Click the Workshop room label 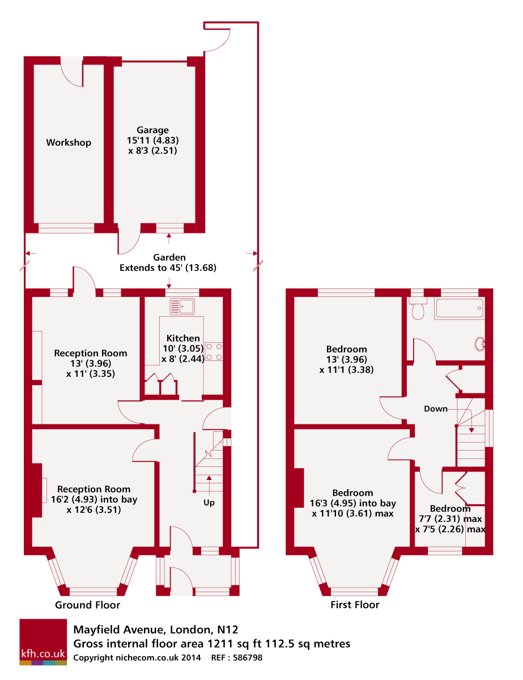(x=69, y=142)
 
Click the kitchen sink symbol (x=182, y=307)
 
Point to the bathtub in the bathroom (x=459, y=309)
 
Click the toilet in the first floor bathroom (x=419, y=309)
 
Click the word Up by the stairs (x=209, y=503)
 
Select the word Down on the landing (x=436, y=409)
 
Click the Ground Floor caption (x=87, y=605)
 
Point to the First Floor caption (x=355, y=605)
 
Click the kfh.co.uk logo (x=43, y=642)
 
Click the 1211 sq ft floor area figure (x=222, y=644)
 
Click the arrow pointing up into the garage (x=169, y=237)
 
